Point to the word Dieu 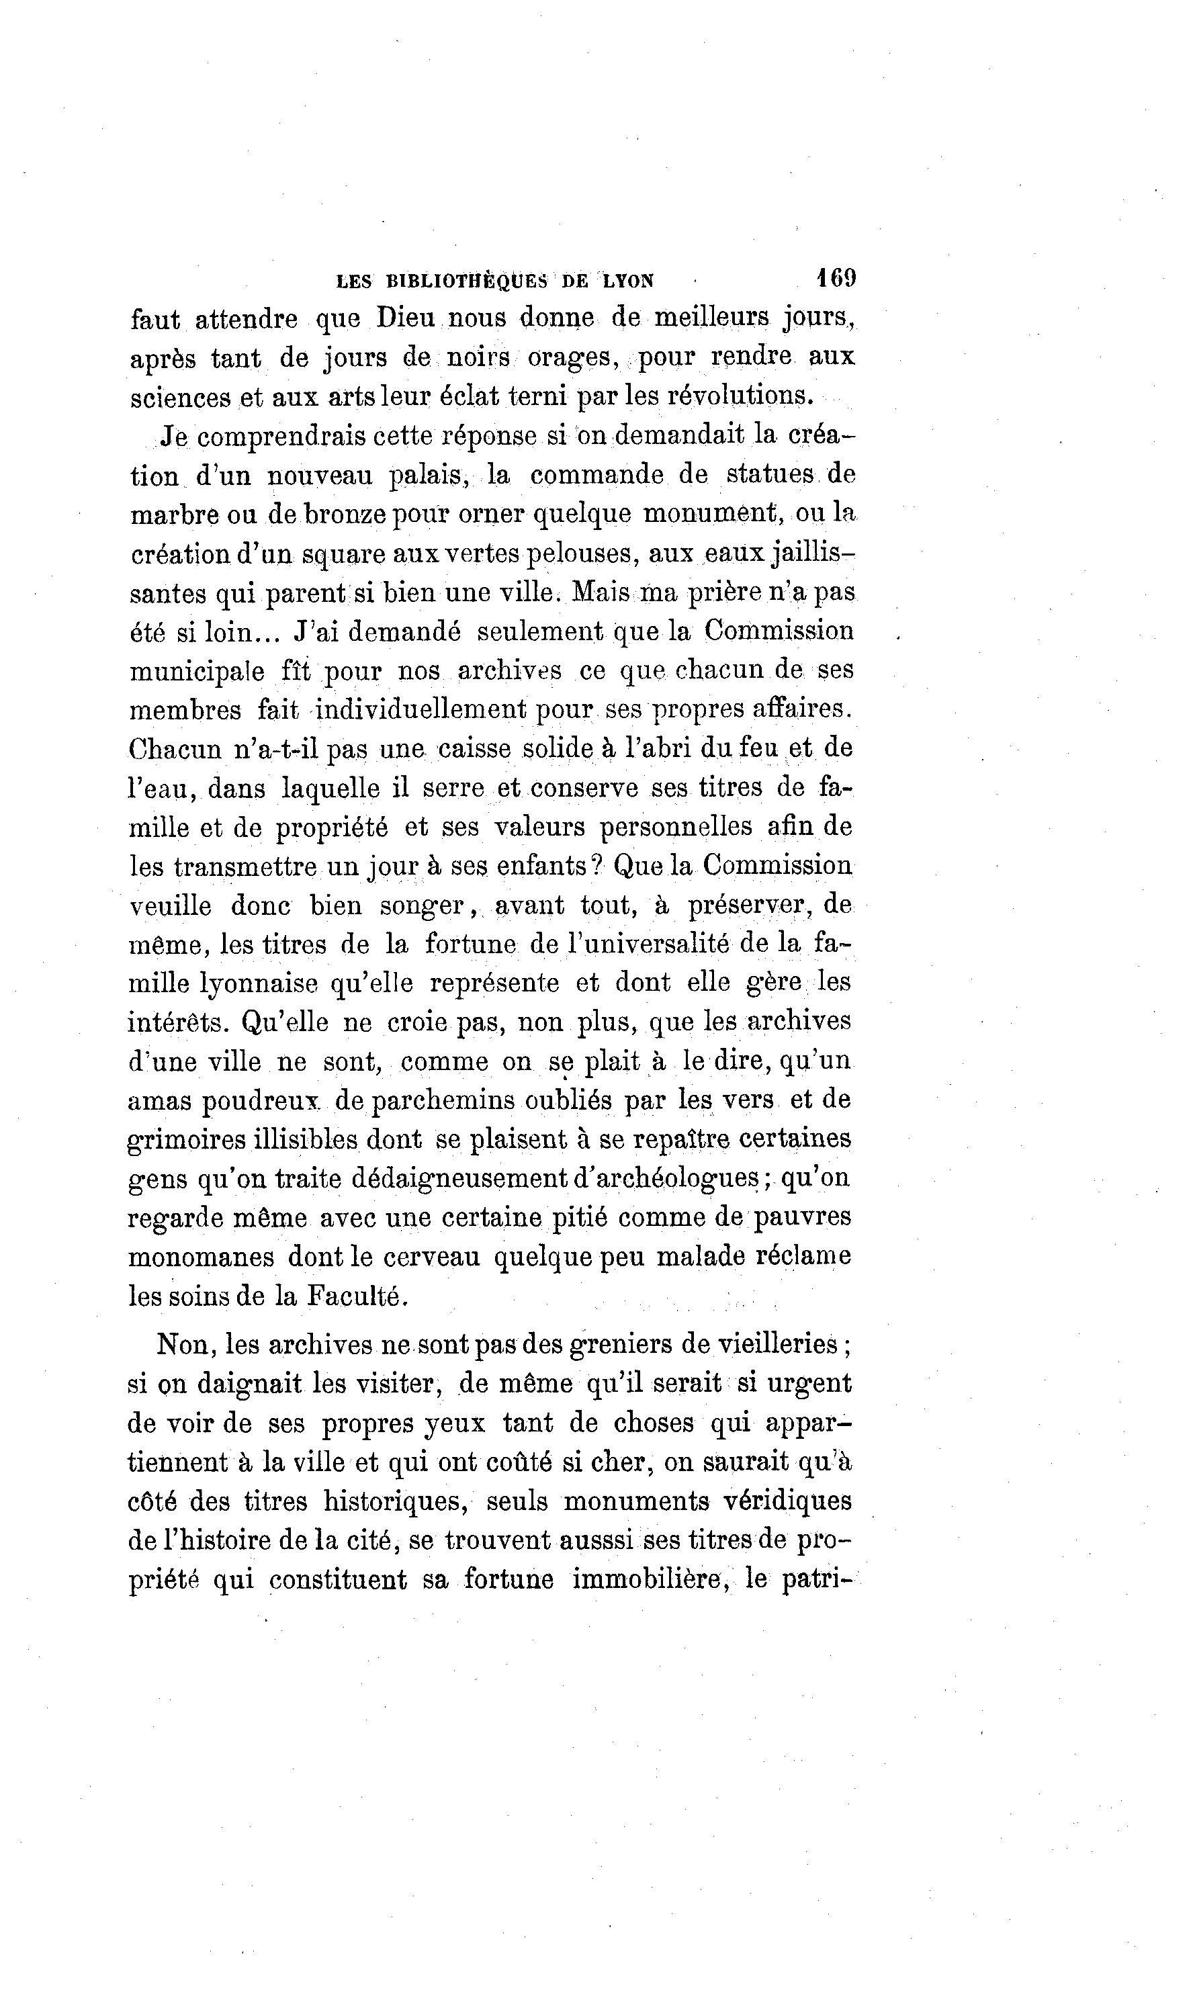pyautogui.click(x=406, y=318)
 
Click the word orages pyautogui.click(x=572, y=357)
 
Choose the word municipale pyautogui.click(x=197, y=671)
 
